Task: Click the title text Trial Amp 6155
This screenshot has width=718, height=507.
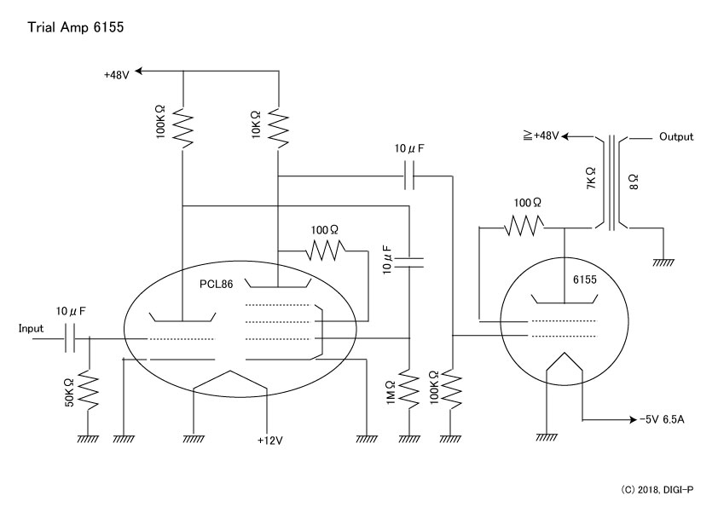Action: pyautogui.click(x=76, y=27)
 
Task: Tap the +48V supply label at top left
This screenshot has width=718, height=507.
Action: pyautogui.click(x=117, y=75)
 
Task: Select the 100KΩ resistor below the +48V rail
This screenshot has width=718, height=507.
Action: pyautogui.click(x=182, y=128)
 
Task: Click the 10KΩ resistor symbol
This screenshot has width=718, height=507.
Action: pyautogui.click(x=278, y=128)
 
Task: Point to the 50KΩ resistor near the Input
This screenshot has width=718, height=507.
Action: pyautogui.click(x=89, y=392)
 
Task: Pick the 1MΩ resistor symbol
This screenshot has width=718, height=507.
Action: pyautogui.click(x=410, y=390)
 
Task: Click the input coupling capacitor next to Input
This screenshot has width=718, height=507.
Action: pyautogui.click(x=70, y=338)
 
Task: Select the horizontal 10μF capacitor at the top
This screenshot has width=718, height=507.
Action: pyautogui.click(x=410, y=176)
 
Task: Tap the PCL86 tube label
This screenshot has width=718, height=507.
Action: pyautogui.click(x=216, y=284)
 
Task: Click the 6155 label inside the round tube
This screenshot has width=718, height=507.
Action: pyautogui.click(x=585, y=279)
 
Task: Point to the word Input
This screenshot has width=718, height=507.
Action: pyautogui.click(x=31, y=329)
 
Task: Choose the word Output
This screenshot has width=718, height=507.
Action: pyautogui.click(x=676, y=137)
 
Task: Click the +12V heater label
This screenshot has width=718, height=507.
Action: pyautogui.click(x=270, y=441)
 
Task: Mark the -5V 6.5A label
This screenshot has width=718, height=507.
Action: pyautogui.click(x=662, y=419)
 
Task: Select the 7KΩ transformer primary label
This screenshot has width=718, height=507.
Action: pyautogui.click(x=591, y=178)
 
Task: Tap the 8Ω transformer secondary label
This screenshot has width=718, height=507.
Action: pyautogui.click(x=634, y=181)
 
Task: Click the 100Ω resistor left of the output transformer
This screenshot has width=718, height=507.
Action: pyautogui.click(x=524, y=227)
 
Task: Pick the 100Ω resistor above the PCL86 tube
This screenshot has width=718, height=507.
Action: pyautogui.click(x=325, y=251)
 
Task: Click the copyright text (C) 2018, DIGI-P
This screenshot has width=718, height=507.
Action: pyautogui.click(x=657, y=490)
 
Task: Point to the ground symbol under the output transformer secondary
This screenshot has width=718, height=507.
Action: pyautogui.click(x=663, y=262)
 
